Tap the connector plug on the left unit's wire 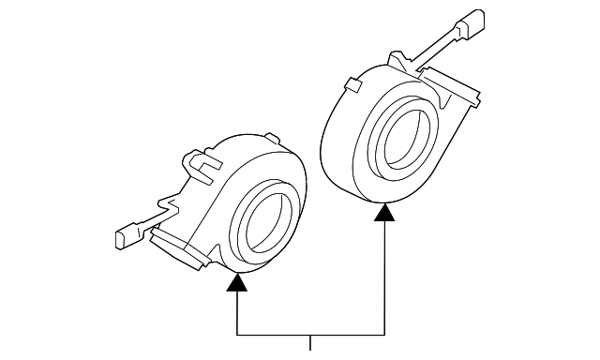coord(125,237)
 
